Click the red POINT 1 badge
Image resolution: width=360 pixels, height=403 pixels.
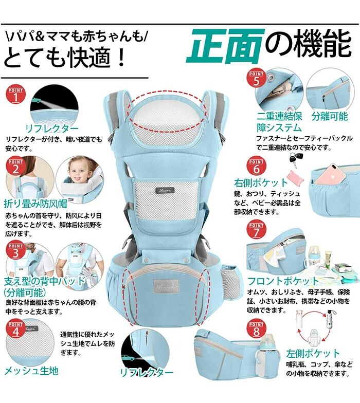tap(16, 95)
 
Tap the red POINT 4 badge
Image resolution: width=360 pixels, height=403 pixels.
tap(15, 329)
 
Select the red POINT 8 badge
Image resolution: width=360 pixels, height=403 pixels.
tap(256, 329)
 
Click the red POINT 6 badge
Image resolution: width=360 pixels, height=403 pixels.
tap(256, 167)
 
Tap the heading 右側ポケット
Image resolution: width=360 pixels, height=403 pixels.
tap(260, 183)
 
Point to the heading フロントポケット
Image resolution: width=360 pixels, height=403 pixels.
tap(283, 281)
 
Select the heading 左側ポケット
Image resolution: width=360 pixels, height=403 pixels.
tap(313, 354)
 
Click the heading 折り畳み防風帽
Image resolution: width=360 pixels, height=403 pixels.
tap(35, 204)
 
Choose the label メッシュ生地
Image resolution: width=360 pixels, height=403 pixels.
tap(31, 371)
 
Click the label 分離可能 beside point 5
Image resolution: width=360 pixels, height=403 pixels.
tap(330, 116)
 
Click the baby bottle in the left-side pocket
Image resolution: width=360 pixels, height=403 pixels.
tap(266, 345)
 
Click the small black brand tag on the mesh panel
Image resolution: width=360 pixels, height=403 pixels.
tap(165, 191)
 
